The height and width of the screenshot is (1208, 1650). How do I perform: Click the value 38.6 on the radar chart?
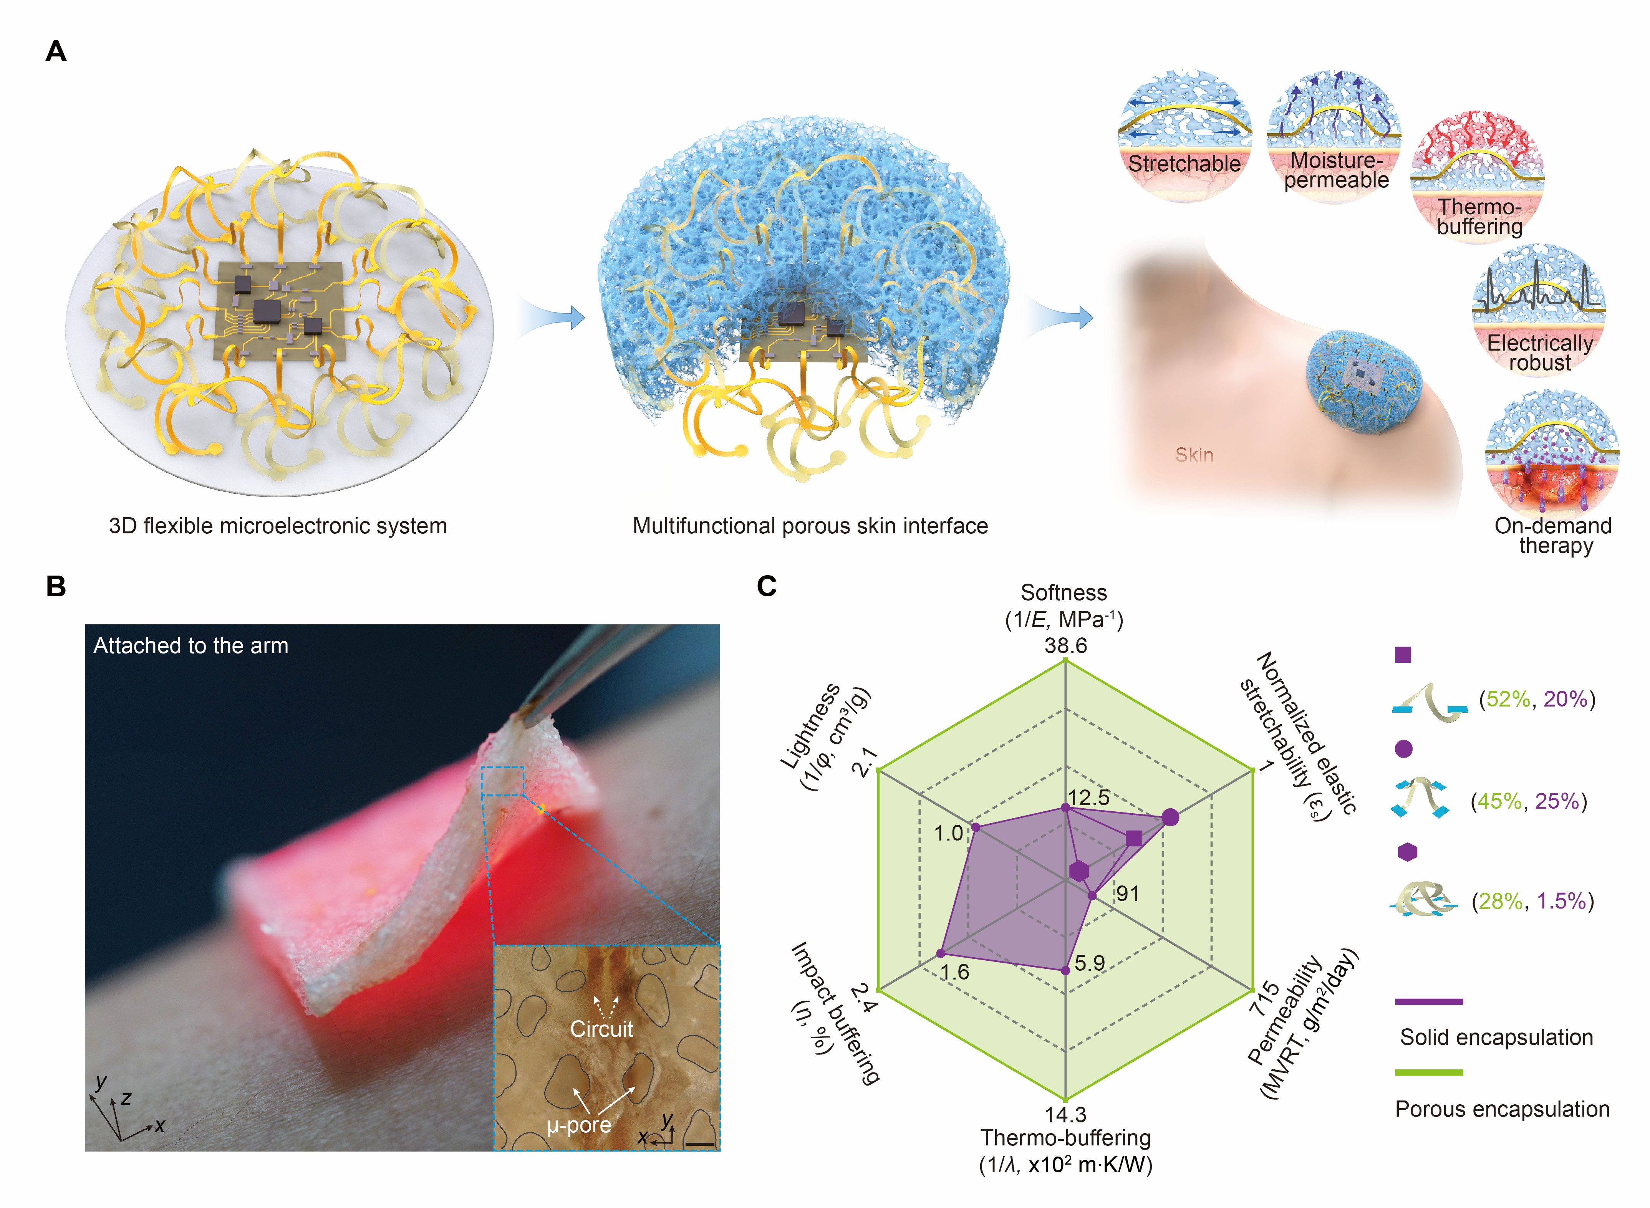coord(1065,646)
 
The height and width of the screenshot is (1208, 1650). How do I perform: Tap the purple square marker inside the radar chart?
coord(1133,838)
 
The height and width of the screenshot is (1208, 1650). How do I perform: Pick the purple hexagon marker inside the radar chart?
coord(1079,871)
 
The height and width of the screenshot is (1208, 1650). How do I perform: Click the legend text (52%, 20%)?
coord(1537,699)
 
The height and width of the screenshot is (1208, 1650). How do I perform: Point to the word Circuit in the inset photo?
coord(601,1029)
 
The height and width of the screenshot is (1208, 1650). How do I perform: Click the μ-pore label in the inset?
coord(578,1125)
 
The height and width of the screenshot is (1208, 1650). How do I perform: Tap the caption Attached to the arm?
coord(191,646)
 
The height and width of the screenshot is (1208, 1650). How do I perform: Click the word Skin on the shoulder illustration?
coord(1194,455)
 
